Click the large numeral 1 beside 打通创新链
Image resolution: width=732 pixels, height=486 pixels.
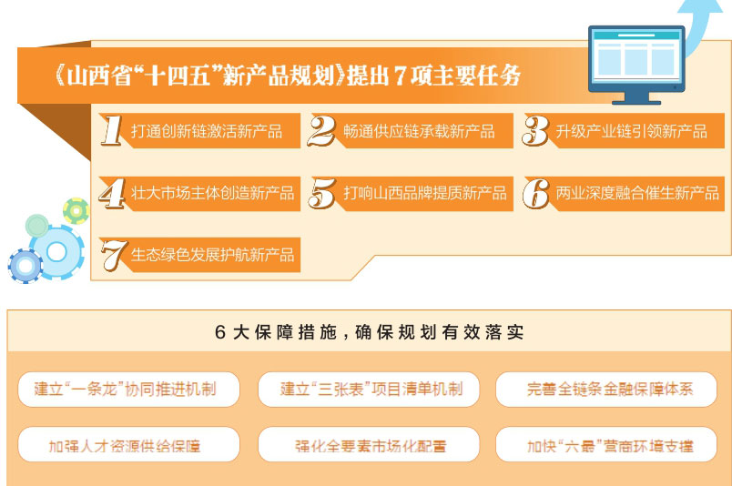click(112, 130)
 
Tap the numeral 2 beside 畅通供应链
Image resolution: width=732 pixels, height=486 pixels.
click(321, 131)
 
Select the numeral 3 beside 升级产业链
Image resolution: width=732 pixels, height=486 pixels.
click(535, 131)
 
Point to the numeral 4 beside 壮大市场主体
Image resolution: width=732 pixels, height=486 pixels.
click(112, 193)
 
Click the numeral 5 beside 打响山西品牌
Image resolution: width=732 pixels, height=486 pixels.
click(322, 193)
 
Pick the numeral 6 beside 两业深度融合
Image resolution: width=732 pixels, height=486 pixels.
click(536, 193)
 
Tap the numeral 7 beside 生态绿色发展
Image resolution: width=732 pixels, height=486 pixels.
click(114, 255)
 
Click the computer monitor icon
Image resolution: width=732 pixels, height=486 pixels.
click(636, 65)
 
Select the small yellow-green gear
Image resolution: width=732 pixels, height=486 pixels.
click(76, 210)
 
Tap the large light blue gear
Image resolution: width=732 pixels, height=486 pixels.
click(57, 252)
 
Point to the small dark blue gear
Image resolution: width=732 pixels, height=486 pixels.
click(25, 266)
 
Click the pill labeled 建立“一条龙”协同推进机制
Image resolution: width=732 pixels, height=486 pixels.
click(128, 390)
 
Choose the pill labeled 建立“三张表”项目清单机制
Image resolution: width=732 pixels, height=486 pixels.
click(369, 390)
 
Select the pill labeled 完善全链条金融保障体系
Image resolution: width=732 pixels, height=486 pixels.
click(606, 390)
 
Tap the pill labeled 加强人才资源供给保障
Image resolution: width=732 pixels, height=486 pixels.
click(128, 444)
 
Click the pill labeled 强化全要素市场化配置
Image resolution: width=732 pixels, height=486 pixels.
click(369, 444)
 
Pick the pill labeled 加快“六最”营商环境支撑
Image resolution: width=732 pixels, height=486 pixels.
click(606, 444)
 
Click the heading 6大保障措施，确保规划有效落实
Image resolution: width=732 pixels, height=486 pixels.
click(370, 332)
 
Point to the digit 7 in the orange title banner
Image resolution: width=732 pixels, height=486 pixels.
click(399, 76)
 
